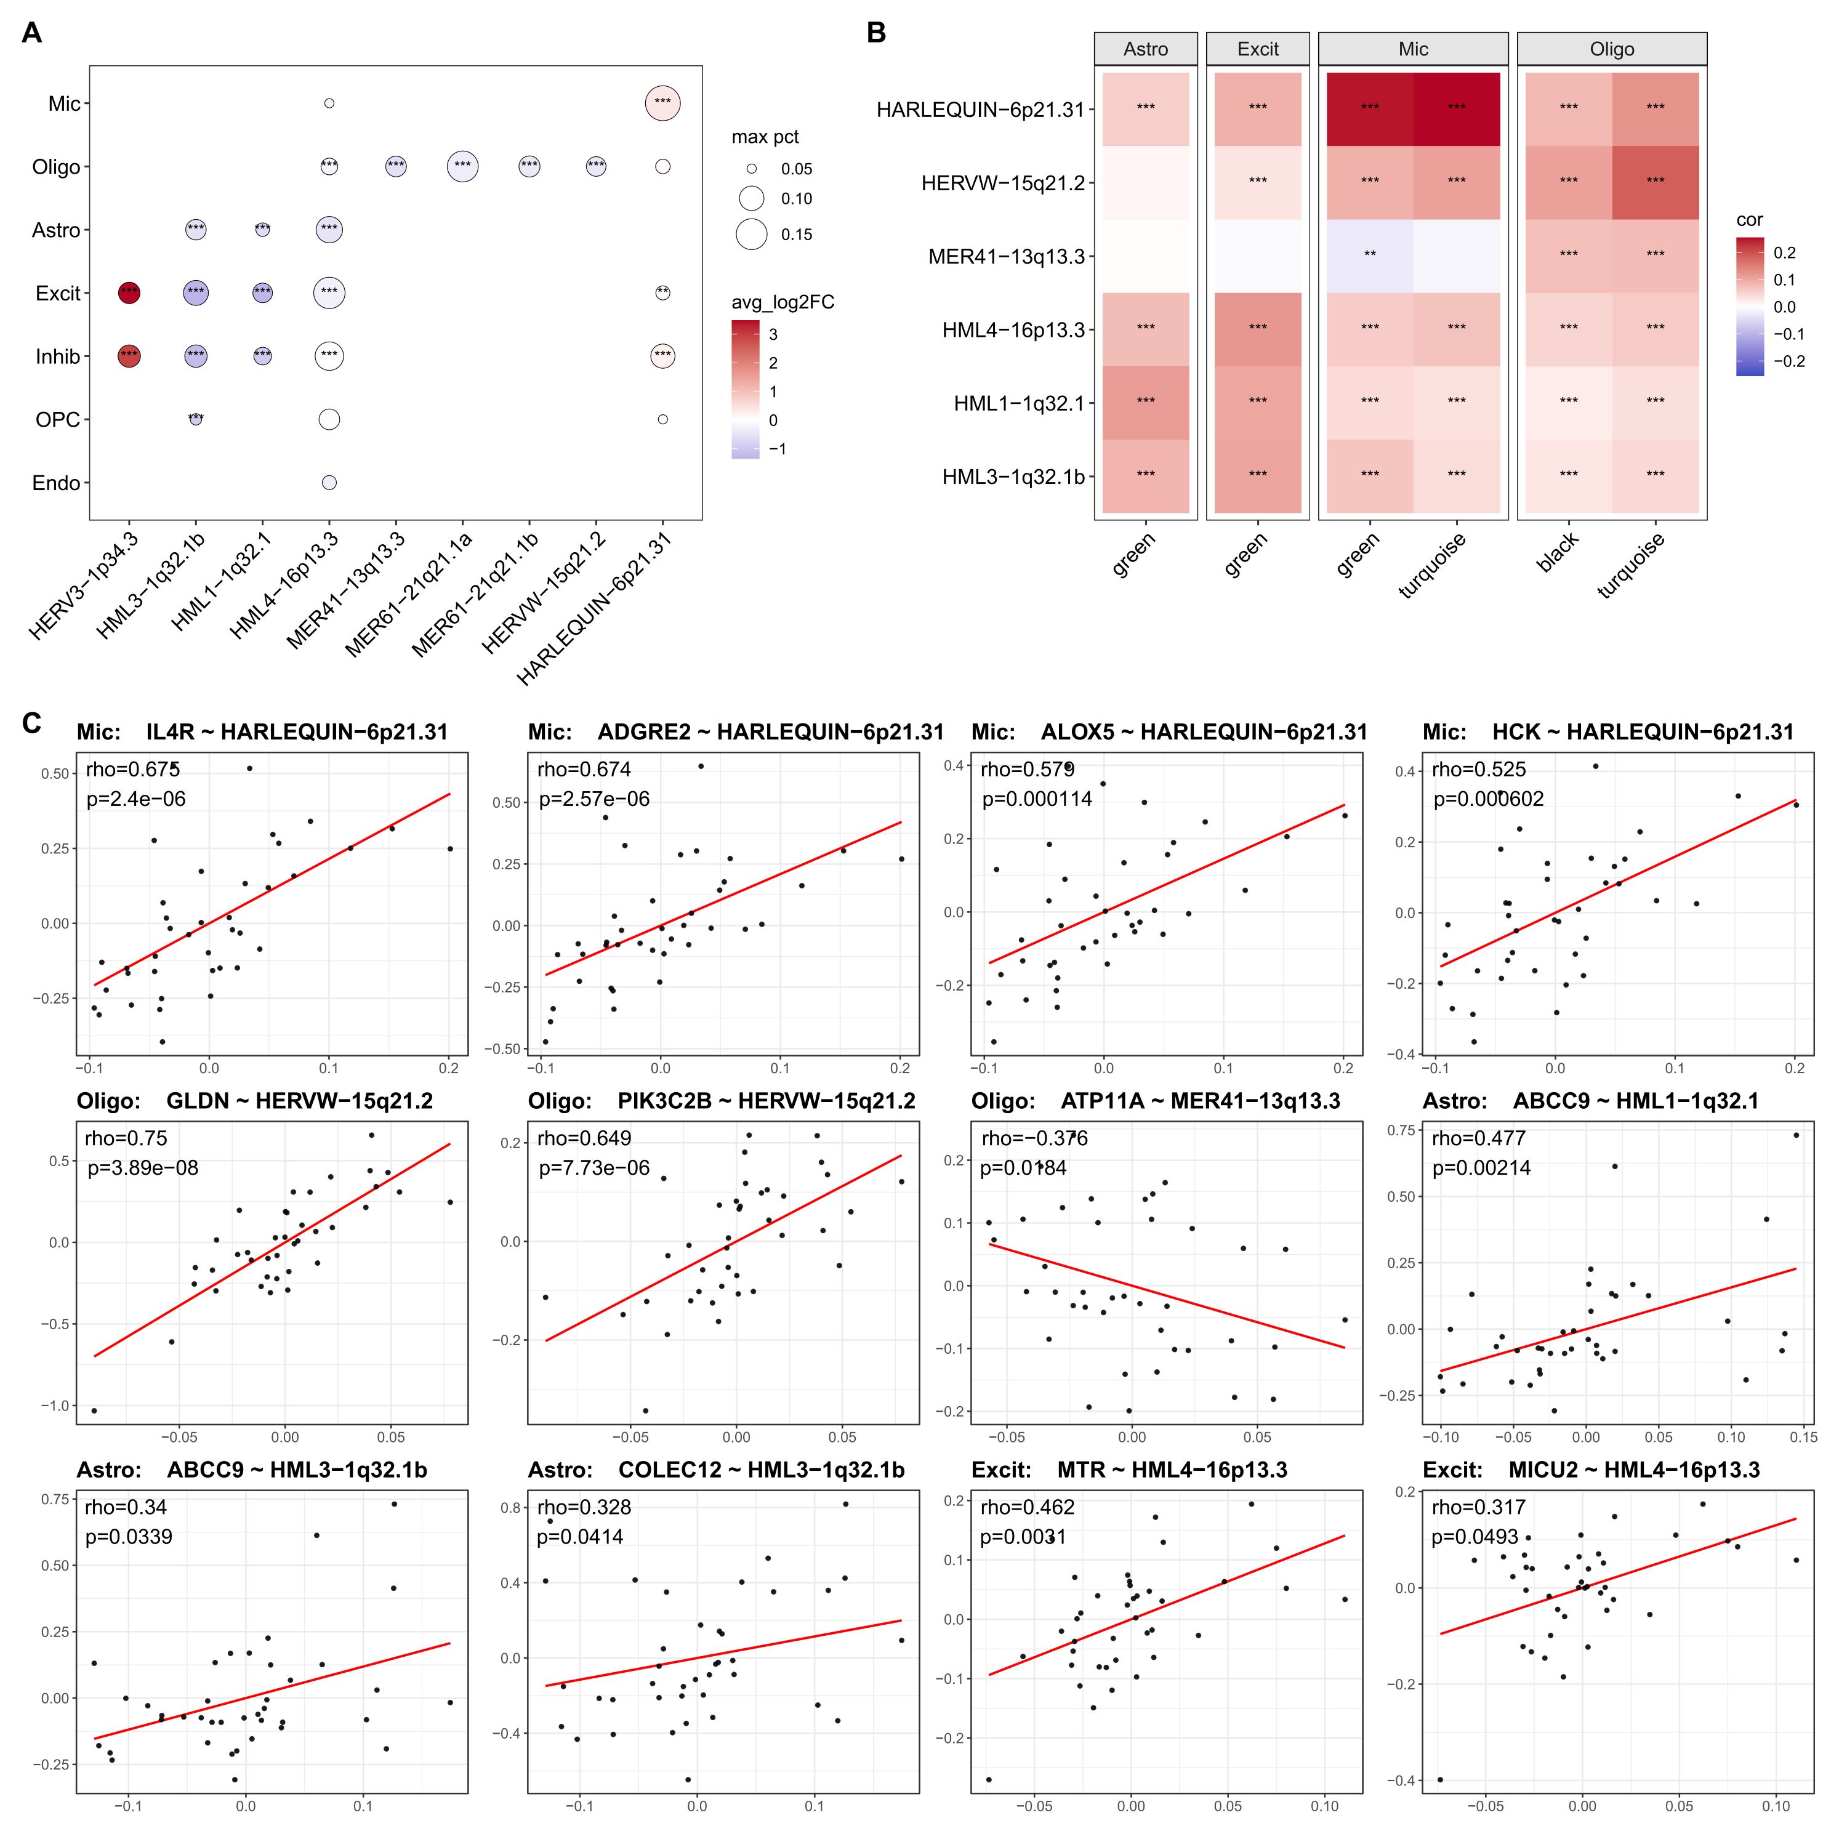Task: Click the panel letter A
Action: pos(31,33)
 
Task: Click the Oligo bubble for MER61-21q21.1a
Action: pos(463,166)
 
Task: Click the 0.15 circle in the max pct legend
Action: pos(751,234)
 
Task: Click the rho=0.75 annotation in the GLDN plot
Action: pos(126,1138)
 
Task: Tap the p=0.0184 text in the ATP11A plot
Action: pos(1023,1169)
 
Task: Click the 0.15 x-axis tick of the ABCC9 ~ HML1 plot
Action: pos(1803,1437)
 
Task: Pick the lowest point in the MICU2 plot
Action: pos(1440,1779)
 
